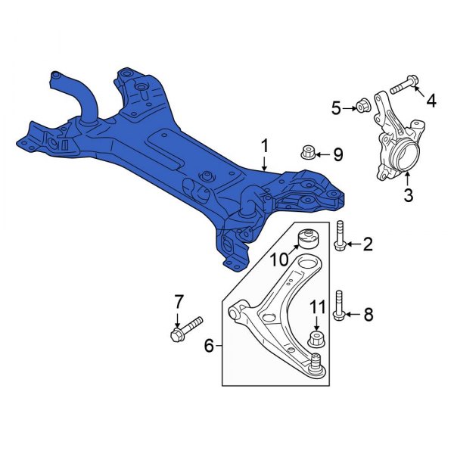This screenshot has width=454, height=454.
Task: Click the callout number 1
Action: [x=265, y=144]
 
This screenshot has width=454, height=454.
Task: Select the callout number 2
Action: [x=368, y=244]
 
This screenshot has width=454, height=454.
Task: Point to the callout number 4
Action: [x=431, y=99]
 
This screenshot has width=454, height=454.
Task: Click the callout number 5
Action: [x=336, y=108]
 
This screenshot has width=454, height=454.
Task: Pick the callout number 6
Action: [x=209, y=347]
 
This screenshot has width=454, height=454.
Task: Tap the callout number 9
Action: [x=337, y=155]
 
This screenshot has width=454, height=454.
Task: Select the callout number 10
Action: [x=278, y=260]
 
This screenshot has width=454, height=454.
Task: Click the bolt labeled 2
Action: [x=340, y=235]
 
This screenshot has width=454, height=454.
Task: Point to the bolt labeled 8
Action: [x=340, y=306]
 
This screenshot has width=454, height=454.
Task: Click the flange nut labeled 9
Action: [x=308, y=154]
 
